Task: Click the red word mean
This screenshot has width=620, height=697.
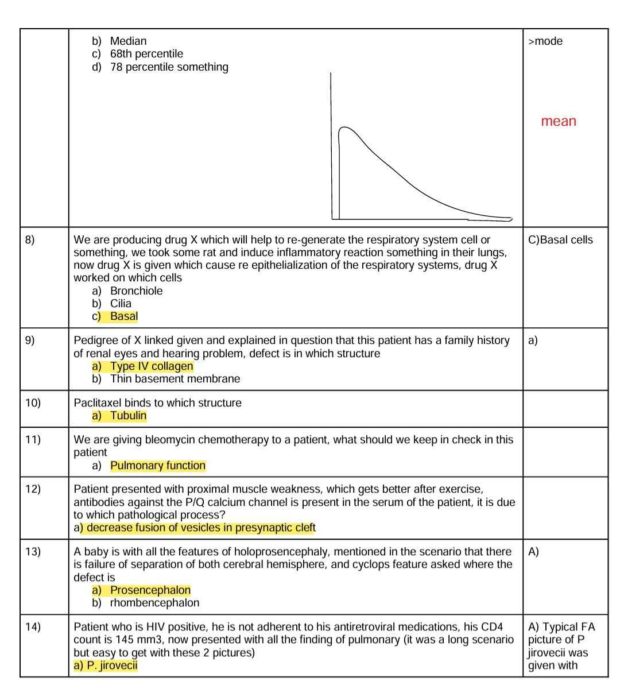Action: [558, 121]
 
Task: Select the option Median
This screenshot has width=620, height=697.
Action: [128, 41]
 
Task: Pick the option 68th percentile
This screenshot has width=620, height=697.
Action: [146, 54]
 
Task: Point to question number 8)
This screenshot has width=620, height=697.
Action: [30, 240]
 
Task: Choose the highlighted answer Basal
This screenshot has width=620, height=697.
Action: [124, 316]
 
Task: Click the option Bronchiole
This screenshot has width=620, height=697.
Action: [136, 291]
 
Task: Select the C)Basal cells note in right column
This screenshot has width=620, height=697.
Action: [560, 240]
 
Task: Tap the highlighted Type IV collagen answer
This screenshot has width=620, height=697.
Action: [152, 366]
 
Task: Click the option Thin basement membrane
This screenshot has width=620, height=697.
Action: [175, 379]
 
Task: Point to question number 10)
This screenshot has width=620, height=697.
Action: [33, 403]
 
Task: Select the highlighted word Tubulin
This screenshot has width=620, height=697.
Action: [128, 416]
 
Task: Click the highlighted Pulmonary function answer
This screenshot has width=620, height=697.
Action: [158, 466]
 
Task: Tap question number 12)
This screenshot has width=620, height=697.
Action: [33, 489]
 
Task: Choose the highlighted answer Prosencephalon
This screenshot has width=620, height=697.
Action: [150, 590]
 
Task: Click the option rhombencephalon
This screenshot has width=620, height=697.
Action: [154, 603]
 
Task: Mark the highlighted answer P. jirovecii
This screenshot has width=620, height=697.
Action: [112, 666]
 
